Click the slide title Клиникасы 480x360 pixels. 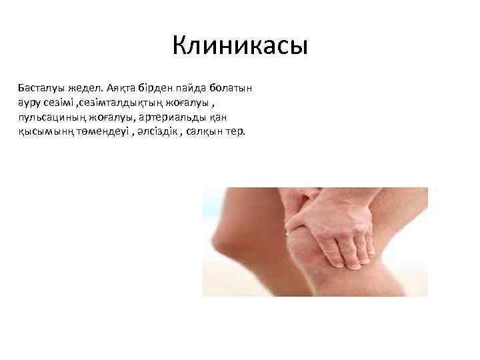239,46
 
